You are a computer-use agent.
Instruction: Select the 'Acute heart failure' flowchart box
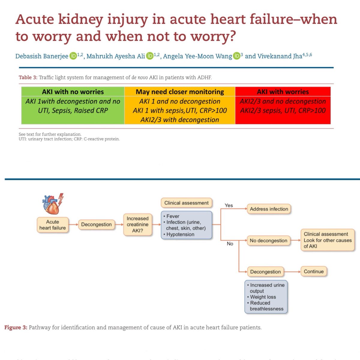(52, 225)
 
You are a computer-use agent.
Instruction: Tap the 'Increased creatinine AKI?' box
(137, 225)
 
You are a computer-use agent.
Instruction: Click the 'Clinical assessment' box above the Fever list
(186, 203)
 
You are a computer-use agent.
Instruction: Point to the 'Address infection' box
(269, 209)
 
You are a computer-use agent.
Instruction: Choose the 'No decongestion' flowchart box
(268, 241)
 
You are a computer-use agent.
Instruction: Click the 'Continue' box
(313, 271)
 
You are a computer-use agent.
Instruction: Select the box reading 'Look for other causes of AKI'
(327, 240)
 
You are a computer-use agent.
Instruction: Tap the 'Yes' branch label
(229, 205)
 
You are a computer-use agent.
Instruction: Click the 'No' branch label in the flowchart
(230, 244)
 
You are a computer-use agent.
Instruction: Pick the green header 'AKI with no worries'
(73, 92)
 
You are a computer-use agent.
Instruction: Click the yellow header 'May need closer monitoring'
(180, 92)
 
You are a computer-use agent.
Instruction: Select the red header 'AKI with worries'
(283, 92)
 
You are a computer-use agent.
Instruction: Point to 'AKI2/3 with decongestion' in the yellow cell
(180, 120)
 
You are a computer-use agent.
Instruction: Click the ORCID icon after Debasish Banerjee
(73, 56)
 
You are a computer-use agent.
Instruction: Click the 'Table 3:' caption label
(28, 77)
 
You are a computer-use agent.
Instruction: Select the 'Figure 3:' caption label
(16, 327)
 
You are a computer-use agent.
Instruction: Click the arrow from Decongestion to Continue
(292, 272)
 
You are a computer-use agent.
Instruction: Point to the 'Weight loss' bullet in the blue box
(263, 297)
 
